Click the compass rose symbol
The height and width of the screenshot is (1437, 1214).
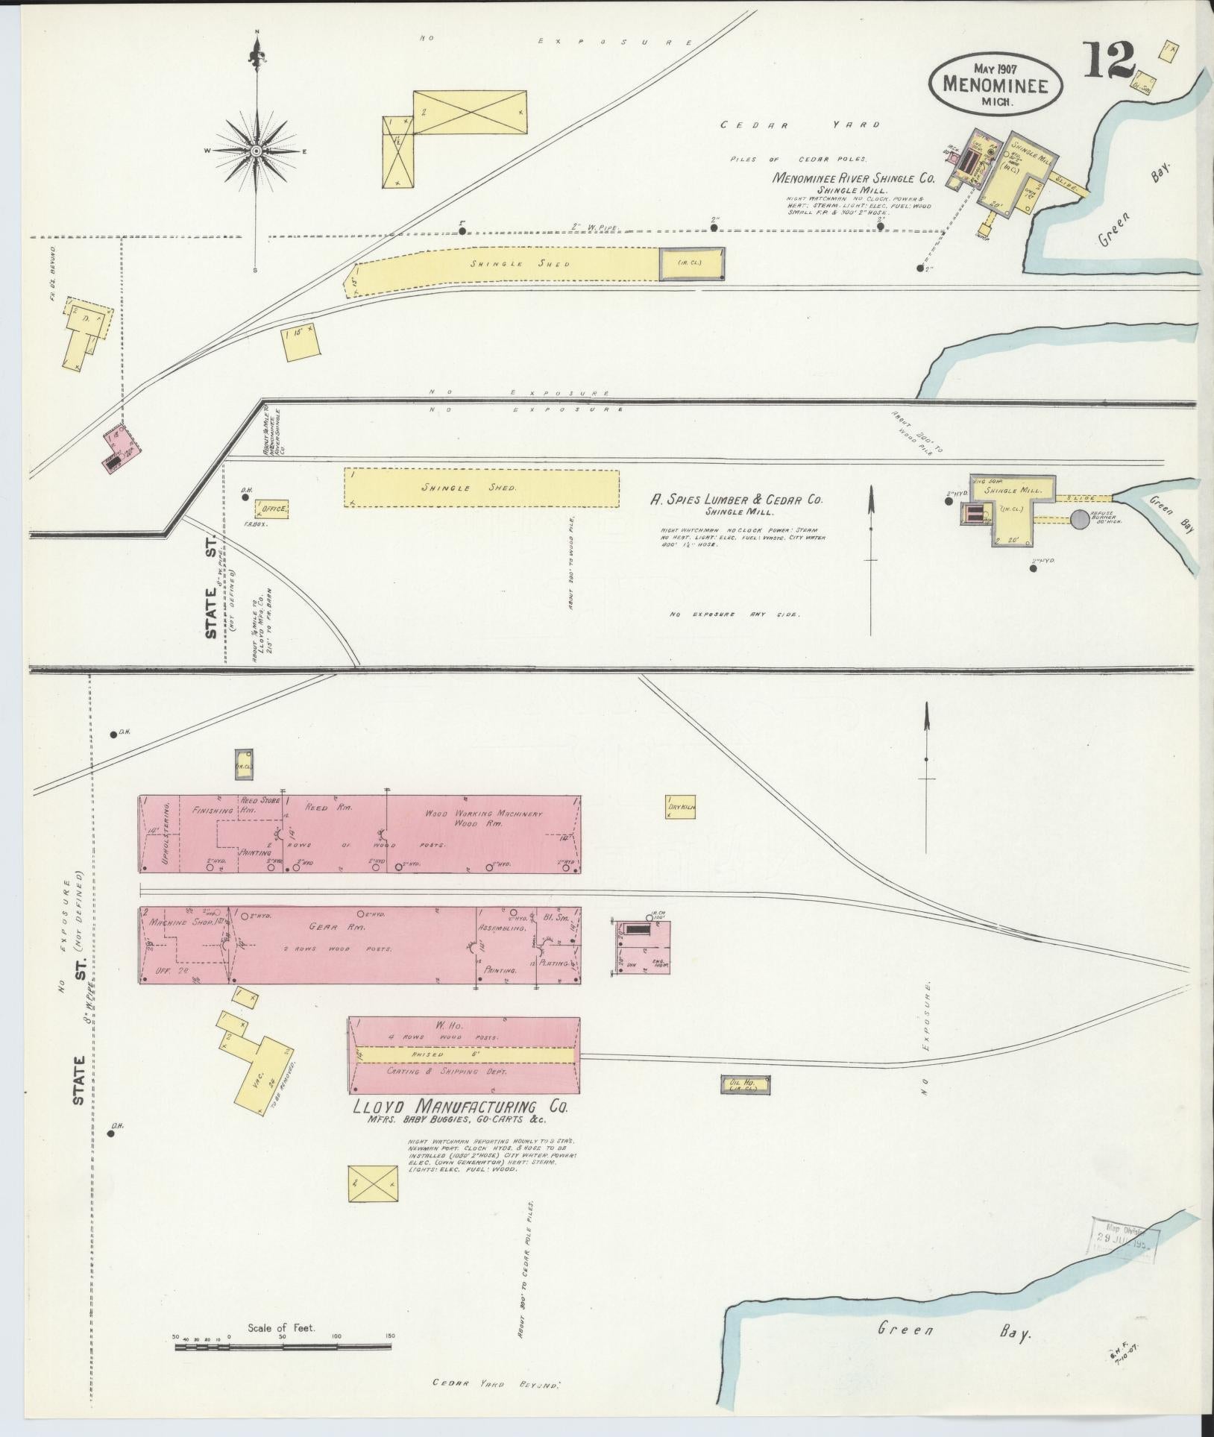tap(256, 151)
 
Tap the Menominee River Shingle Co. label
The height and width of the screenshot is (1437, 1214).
tap(852, 178)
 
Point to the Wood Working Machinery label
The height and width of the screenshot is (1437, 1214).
tap(483, 814)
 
